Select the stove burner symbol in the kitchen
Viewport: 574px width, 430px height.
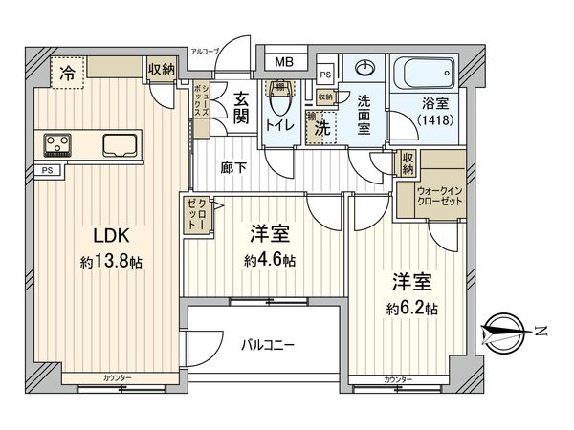click(x=57, y=144)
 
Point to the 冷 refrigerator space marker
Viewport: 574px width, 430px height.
click(x=66, y=71)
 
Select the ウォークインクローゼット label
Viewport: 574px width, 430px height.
click(x=438, y=195)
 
